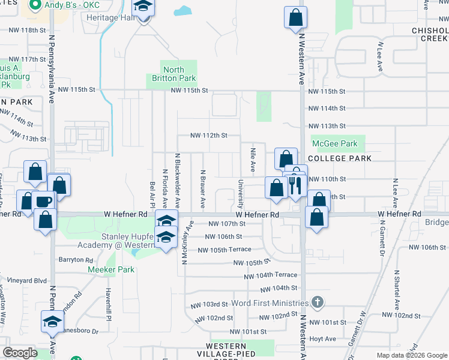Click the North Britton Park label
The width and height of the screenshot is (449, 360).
click(x=173, y=74)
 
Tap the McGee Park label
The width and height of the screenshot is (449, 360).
click(x=335, y=143)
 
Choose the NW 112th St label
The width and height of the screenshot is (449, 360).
click(x=209, y=135)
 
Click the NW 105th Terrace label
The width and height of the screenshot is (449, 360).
click(x=224, y=250)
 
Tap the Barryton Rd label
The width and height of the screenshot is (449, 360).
click(x=76, y=260)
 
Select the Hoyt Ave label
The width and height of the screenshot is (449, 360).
click(x=322, y=338)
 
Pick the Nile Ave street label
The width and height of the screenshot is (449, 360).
click(x=253, y=157)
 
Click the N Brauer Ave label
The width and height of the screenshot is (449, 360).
click(x=203, y=181)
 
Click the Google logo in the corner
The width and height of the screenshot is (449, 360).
click(x=20, y=353)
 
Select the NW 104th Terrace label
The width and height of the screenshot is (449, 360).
click(x=270, y=275)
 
